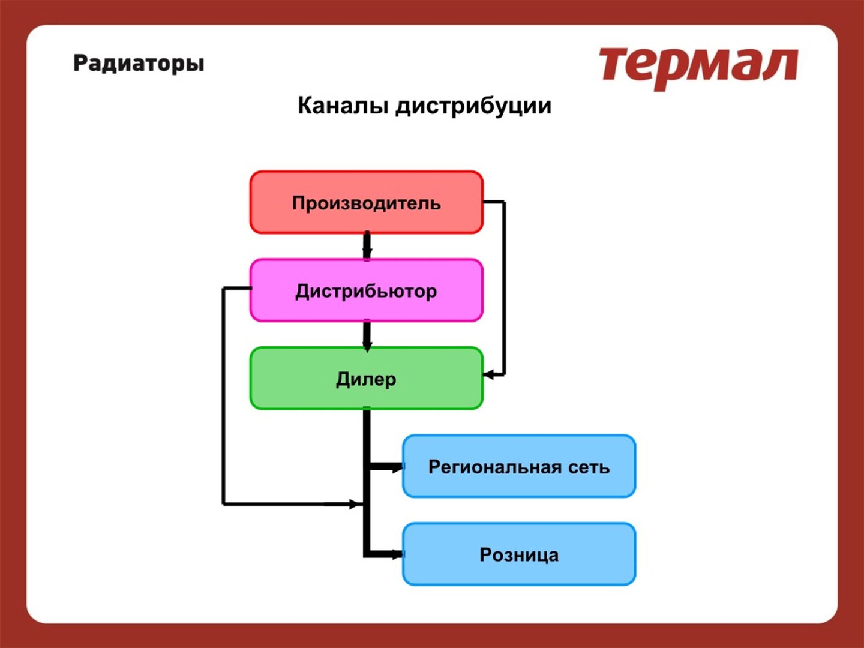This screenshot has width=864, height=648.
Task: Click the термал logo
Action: pyautogui.click(x=698, y=68)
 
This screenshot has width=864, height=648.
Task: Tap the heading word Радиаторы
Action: pyautogui.click(x=139, y=64)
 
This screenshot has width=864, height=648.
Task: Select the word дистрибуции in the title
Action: pyautogui.click(x=473, y=107)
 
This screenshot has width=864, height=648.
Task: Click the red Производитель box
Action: pyautogui.click(x=367, y=202)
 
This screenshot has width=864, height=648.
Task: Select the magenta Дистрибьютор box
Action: pyautogui.click(x=367, y=290)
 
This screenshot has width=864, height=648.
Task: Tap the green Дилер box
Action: pyautogui.click(x=367, y=379)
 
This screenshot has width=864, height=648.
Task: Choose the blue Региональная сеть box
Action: pyautogui.click(x=519, y=466)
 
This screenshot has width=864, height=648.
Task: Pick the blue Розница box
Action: pyautogui.click(x=519, y=554)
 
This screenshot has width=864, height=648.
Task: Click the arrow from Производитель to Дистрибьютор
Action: pyautogui.click(x=367, y=246)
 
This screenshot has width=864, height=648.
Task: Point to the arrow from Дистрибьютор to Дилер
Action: pyautogui.click(x=367, y=335)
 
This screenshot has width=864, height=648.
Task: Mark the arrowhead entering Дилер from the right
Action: pyautogui.click(x=488, y=375)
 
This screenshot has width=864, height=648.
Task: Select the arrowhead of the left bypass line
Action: pyautogui.click(x=356, y=504)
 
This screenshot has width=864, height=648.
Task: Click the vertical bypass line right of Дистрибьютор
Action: pyautogui.click(x=505, y=289)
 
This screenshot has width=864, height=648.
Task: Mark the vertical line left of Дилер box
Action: pyautogui.click(x=223, y=396)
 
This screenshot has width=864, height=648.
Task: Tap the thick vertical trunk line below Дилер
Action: pyautogui.click(x=367, y=482)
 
